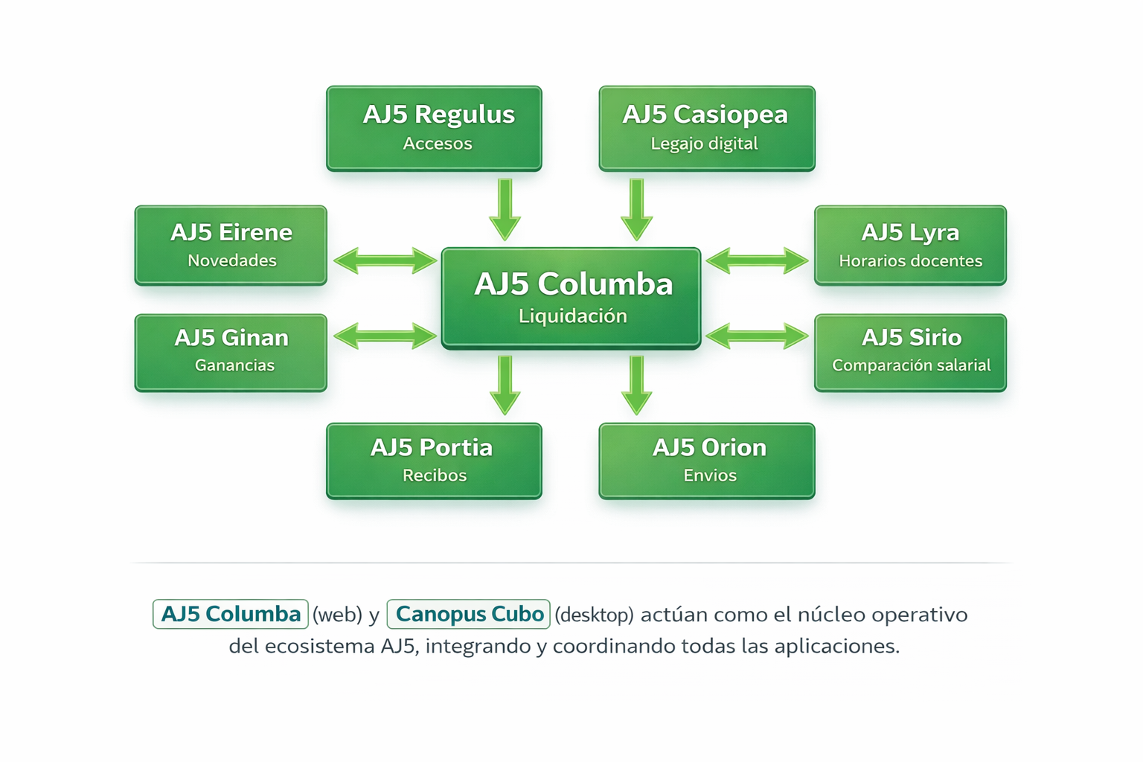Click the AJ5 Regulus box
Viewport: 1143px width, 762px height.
(434, 128)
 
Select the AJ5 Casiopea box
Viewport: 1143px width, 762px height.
(706, 128)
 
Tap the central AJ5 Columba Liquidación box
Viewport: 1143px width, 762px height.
(571, 298)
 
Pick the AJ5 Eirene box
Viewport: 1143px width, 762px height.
(231, 245)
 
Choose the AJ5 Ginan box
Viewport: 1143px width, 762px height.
(231, 352)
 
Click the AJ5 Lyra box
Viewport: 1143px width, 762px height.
(910, 245)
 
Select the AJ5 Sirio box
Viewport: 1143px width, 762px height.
(910, 352)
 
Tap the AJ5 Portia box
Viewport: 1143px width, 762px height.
(434, 461)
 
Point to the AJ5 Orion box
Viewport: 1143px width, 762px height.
(706, 461)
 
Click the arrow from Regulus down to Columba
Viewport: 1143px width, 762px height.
(505, 209)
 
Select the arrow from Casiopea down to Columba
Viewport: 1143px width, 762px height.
(636, 209)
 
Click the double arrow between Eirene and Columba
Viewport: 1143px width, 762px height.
(385, 261)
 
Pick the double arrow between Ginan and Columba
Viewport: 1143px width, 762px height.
(385, 336)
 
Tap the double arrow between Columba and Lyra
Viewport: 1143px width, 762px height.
(757, 261)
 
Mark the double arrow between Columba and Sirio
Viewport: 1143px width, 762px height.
(757, 336)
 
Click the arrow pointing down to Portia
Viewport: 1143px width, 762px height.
(505, 385)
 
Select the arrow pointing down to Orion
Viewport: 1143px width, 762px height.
(636, 385)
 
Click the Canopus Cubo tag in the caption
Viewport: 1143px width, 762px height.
(469, 614)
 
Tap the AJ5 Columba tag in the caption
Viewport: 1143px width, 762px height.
(231, 614)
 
